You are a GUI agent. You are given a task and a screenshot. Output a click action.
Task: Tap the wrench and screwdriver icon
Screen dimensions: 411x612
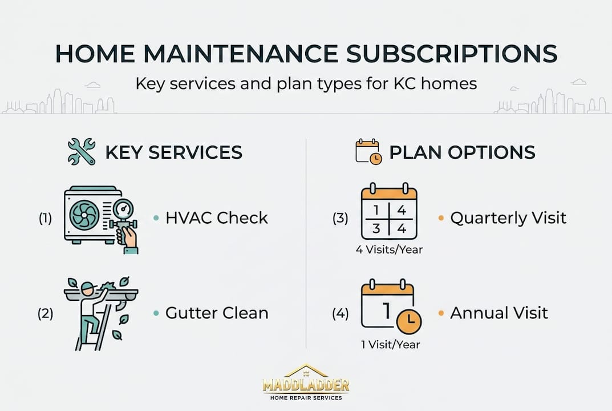(x=82, y=152)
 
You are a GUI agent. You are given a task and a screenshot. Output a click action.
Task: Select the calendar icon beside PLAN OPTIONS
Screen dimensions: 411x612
(x=368, y=152)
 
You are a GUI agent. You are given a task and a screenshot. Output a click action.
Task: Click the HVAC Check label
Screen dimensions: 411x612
(x=216, y=218)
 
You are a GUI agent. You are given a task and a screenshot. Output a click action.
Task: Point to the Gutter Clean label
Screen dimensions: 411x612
(x=217, y=313)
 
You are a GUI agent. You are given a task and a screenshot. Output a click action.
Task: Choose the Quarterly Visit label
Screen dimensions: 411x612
(x=508, y=218)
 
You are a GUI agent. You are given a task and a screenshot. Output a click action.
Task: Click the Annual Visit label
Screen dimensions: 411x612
(x=499, y=313)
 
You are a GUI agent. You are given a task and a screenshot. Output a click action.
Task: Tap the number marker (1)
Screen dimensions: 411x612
(x=45, y=218)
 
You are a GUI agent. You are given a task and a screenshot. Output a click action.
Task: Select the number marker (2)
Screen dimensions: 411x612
(x=45, y=313)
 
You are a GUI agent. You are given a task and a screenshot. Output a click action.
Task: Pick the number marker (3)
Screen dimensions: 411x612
(x=341, y=218)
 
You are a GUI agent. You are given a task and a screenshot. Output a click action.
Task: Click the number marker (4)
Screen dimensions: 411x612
(x=341, y=313)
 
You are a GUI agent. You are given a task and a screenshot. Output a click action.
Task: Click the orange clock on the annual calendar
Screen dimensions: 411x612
(x=408, y=323)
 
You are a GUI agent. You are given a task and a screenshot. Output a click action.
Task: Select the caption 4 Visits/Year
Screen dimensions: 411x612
(x=389, y=249)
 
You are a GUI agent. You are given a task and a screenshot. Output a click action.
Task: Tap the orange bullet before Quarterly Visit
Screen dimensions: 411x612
(x=441, y=218)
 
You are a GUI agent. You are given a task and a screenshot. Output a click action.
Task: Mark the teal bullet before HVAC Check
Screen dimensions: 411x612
(x=156, y=218)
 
